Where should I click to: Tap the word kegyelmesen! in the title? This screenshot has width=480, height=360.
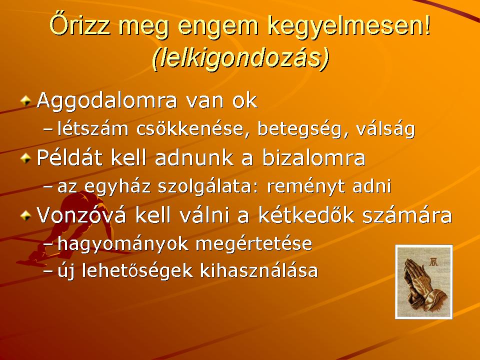click(x=349, y=26)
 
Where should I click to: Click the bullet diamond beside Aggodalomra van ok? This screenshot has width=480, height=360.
click(x=26, y=100)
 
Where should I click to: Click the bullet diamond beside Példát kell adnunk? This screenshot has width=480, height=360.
click(x=26, y=158)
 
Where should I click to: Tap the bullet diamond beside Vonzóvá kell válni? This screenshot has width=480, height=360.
click(x=26, y=215)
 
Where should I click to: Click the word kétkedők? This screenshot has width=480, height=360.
click(x=306, y=215)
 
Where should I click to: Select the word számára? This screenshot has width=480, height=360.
click(x=407, y=215)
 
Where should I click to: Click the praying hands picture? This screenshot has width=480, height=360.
click(x=424, y=281)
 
